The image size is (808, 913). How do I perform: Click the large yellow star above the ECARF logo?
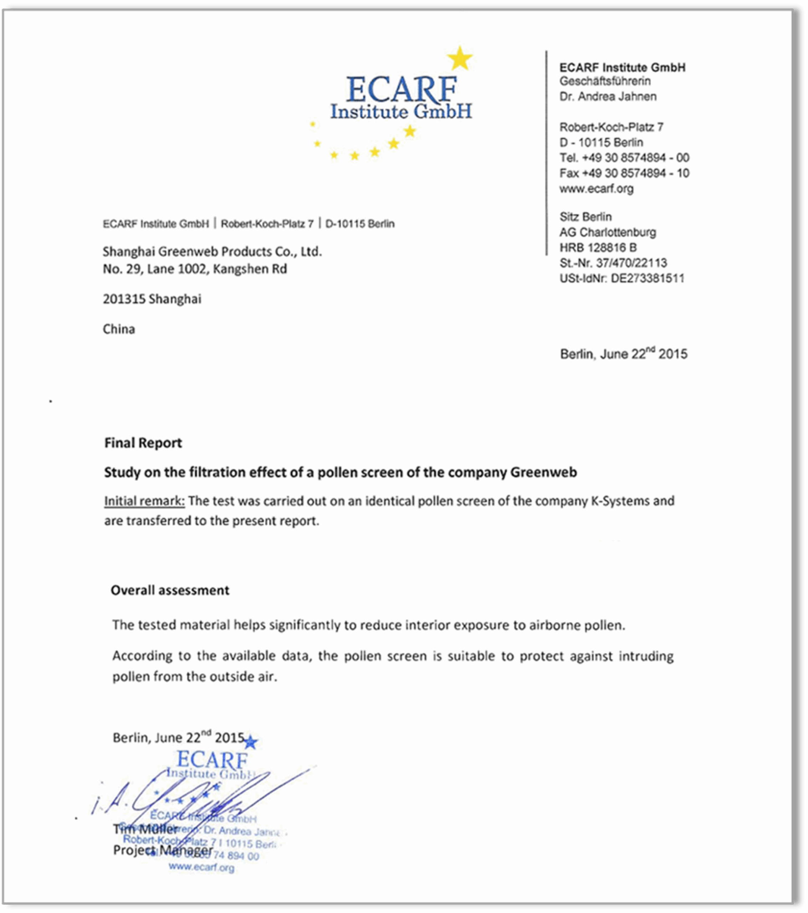pos(460,58)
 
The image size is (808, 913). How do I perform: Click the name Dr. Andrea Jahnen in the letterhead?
pos(608,97)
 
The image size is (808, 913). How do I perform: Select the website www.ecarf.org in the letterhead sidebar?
pos(596,189)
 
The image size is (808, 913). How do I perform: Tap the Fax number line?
pos(624,173)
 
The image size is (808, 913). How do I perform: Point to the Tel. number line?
pos(624,158)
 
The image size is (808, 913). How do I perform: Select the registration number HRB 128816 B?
pos(598,248)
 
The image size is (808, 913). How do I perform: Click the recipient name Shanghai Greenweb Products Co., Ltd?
pos(212,252)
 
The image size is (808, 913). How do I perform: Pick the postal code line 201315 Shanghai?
pos(152,299)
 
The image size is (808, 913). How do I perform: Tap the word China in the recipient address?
pos(119,329)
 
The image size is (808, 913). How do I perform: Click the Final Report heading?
pos(143,443)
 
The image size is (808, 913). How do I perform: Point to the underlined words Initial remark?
pos(144,501)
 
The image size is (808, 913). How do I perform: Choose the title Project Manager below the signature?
pos(163,850)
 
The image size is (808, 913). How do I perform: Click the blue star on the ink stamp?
pos(251,743)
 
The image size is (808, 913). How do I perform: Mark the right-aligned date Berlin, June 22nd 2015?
pos(624,354)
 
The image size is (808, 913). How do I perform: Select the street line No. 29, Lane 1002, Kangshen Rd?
pos(195,269)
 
